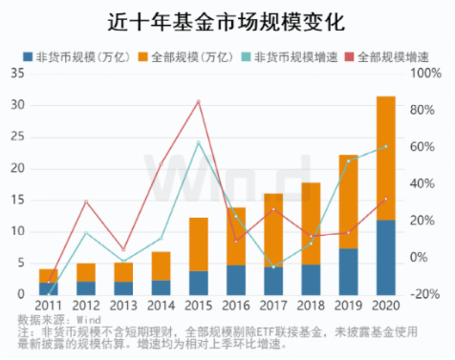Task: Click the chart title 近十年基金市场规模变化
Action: pyautogui.click(x=227, y=19)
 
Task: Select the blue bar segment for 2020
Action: pyautogui.click(x=385, y=257)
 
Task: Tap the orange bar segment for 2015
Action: pyautogui.click(x=198, y=244)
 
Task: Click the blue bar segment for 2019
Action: pyautogui.click(x=348, y=271)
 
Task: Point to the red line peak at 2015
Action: pyautogui.click(x=198, y=101)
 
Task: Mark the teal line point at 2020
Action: pyautogui.click(x=385, y=146)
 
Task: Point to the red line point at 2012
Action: pyautogui.click(x=86, y=201)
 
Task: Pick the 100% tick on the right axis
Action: pyautogui.click(x=427, y=73)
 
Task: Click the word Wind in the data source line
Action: pyautogui.click(x=88, y=321)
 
